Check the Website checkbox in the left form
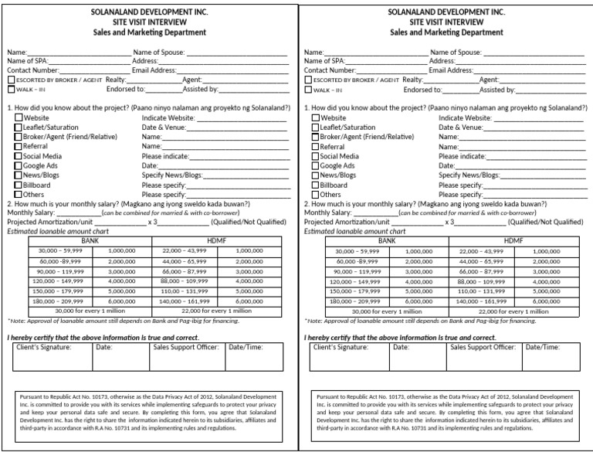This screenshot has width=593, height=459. pos(19,117)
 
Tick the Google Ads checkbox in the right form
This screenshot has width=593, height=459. pos(316,165)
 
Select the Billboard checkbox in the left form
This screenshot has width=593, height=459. pos(19,185)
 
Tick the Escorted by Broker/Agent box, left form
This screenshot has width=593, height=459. pos(11,80)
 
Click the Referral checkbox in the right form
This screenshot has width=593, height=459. pos(316,146)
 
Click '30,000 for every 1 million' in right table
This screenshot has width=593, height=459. pos(387,311)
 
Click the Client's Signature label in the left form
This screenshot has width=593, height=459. pos(44,348)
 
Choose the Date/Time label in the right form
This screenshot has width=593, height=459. pos(543,348)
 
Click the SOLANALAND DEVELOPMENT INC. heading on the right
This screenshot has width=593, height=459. pos(446,13)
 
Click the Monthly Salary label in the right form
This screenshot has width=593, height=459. pos(328,212)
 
